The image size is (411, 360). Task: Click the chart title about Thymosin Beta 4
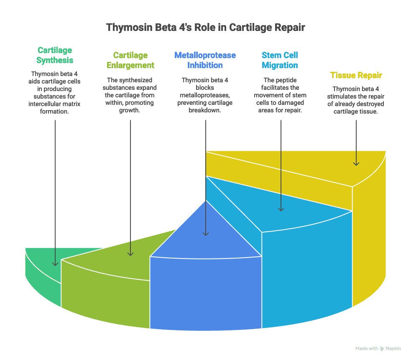tap(205, 28)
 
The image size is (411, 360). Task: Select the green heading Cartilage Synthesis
tap(54, 55)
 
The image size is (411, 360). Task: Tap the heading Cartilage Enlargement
tap(130, 60)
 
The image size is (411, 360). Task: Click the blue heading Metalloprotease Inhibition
tap(205, 60)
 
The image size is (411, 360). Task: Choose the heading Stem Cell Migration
tap(280, 60)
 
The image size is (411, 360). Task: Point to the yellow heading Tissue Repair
tap(356, 75)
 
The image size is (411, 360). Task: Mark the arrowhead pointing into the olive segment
tap(130, 253)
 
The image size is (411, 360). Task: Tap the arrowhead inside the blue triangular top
tap(205, 233)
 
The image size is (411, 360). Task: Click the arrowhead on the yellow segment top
tap(356, 162)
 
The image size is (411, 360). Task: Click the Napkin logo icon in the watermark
tap(382, 348)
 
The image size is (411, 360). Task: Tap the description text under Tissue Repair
tap(356, 100)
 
